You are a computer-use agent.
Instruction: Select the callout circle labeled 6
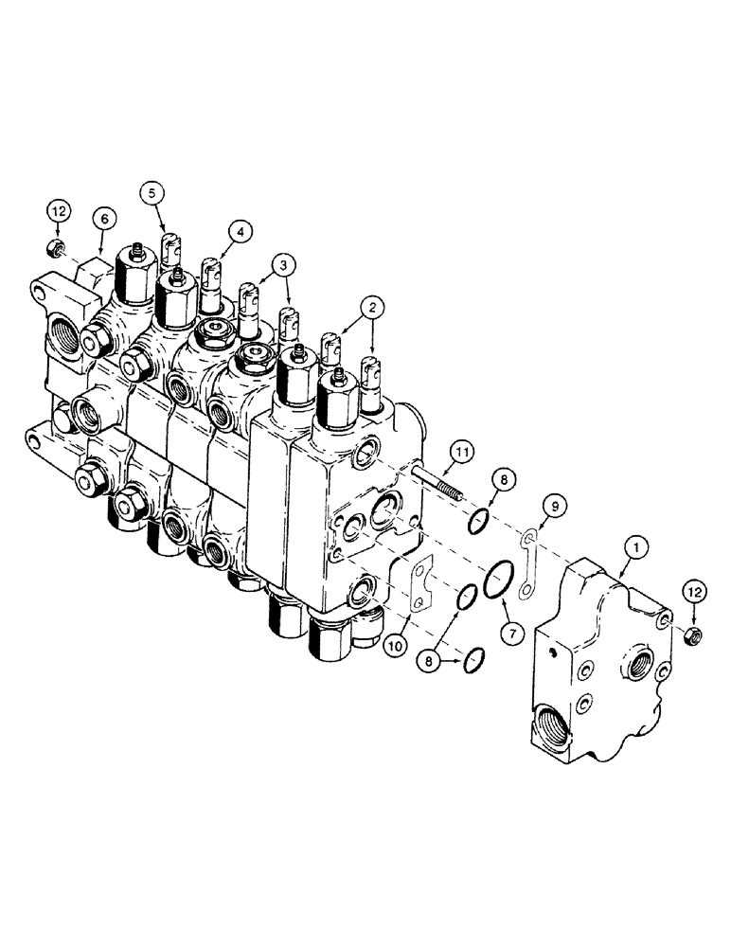coord(104,220)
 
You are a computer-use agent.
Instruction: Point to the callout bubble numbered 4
coord(240,230)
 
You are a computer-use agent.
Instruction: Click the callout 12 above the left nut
coord(58,208)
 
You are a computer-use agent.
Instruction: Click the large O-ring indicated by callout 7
coord(498,580)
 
